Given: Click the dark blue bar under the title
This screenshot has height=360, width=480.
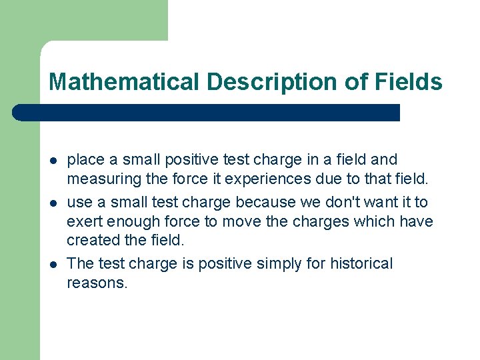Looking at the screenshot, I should click(x=207, y=113).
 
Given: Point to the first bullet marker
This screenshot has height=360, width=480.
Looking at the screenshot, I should click(x=53, y=161).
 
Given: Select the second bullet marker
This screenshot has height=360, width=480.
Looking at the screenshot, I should click(x=53, y=203).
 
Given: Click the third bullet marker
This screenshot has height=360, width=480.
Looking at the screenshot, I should click(x=53, y=265).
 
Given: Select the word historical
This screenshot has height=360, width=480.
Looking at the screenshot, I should click(x=361, y=263).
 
